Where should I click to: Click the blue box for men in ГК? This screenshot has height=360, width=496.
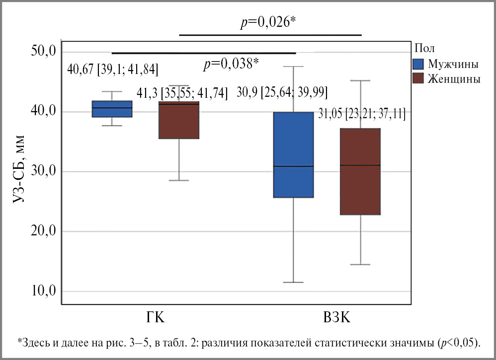(112, 109)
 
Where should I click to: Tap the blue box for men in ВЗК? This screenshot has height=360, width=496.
(293, 154)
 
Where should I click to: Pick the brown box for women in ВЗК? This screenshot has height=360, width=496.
(360, 171)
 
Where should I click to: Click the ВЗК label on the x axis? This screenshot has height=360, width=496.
(336, 317)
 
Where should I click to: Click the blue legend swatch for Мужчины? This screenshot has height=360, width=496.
(418, 64)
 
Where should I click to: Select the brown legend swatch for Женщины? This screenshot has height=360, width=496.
(418, 78)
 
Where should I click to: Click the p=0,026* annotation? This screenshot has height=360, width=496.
(269, 23)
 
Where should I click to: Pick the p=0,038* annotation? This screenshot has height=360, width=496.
(231, 64)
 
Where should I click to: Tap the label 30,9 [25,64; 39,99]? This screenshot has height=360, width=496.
(282, 93)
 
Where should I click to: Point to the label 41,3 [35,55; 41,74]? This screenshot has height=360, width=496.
(182, 93)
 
